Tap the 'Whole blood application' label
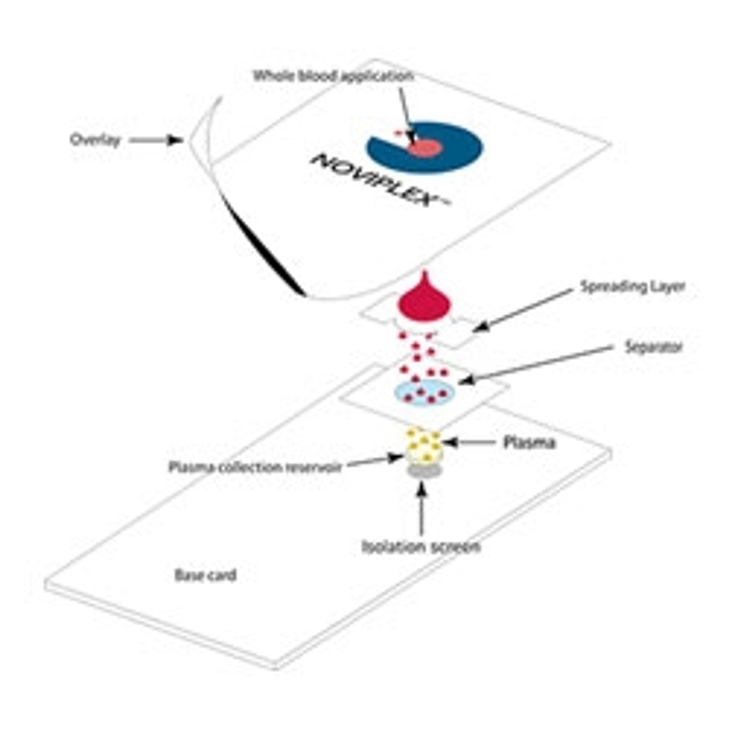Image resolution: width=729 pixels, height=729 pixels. [333, 76]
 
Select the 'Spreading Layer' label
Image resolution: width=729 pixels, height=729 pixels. [632, 287]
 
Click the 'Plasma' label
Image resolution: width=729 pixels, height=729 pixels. [529, 443]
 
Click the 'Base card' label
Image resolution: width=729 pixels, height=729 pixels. [206, 575]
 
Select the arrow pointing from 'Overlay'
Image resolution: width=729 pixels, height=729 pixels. [155, 140]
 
